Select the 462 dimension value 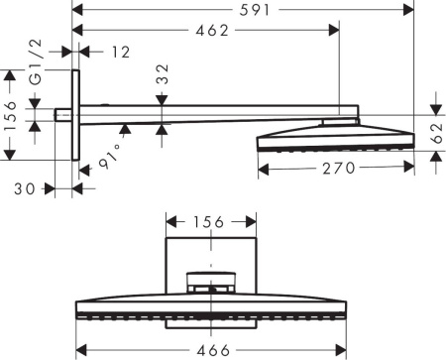(x=209, y=31)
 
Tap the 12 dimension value (x=121, y=52)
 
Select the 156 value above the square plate (x=207, y=220)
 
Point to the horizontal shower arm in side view (x=208, y=115)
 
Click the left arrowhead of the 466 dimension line (x=81, y=350)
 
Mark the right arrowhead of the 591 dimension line (x=410, y=11)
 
